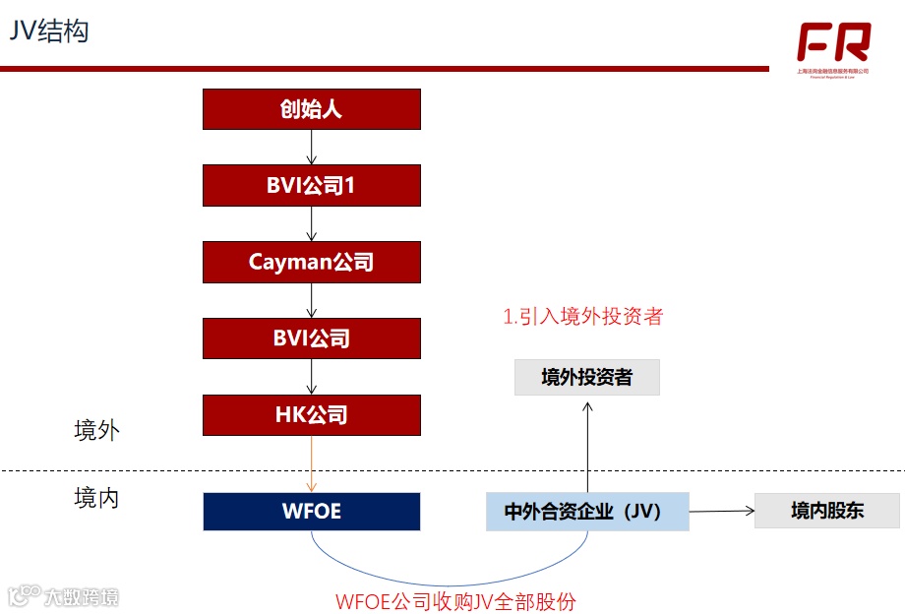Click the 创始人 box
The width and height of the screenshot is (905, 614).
(311, 108)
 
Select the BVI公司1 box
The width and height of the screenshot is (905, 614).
(311, 185)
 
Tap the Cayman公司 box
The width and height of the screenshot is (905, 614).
(311, 262)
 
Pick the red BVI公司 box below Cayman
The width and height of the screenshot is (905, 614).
(311, 338)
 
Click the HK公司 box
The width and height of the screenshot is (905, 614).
(311, 414)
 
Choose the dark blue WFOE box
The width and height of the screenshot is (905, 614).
(311, 512)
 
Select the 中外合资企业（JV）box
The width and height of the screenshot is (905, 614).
(587, 512)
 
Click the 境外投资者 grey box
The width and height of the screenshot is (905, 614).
(586, 377)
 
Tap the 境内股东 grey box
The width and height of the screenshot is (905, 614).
(826, 511)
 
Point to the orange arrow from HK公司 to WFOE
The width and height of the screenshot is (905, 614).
(311, 463)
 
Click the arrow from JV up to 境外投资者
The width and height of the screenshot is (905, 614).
(587, 443)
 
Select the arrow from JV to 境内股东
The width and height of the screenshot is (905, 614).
(721, 511)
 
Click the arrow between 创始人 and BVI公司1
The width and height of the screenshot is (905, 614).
(311, 147)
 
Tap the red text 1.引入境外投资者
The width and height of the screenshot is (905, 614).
(582, 317)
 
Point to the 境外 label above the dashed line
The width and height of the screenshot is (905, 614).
(96, 431)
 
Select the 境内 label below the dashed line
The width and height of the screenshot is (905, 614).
(96, 498)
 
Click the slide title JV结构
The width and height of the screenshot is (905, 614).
(49, 31)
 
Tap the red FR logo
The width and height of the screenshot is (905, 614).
(833, 43)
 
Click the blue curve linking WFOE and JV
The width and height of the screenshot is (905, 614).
(443, 583)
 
